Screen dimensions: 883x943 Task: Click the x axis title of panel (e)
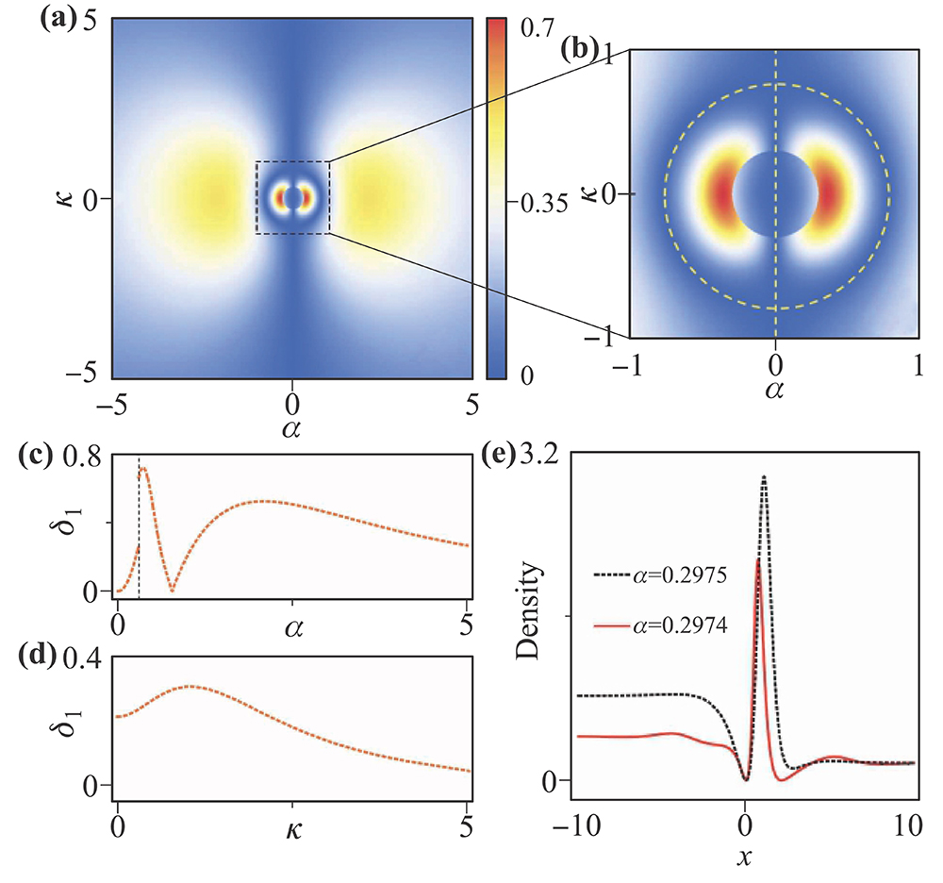coord(745,859)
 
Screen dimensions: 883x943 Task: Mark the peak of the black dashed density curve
coord(764,477)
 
